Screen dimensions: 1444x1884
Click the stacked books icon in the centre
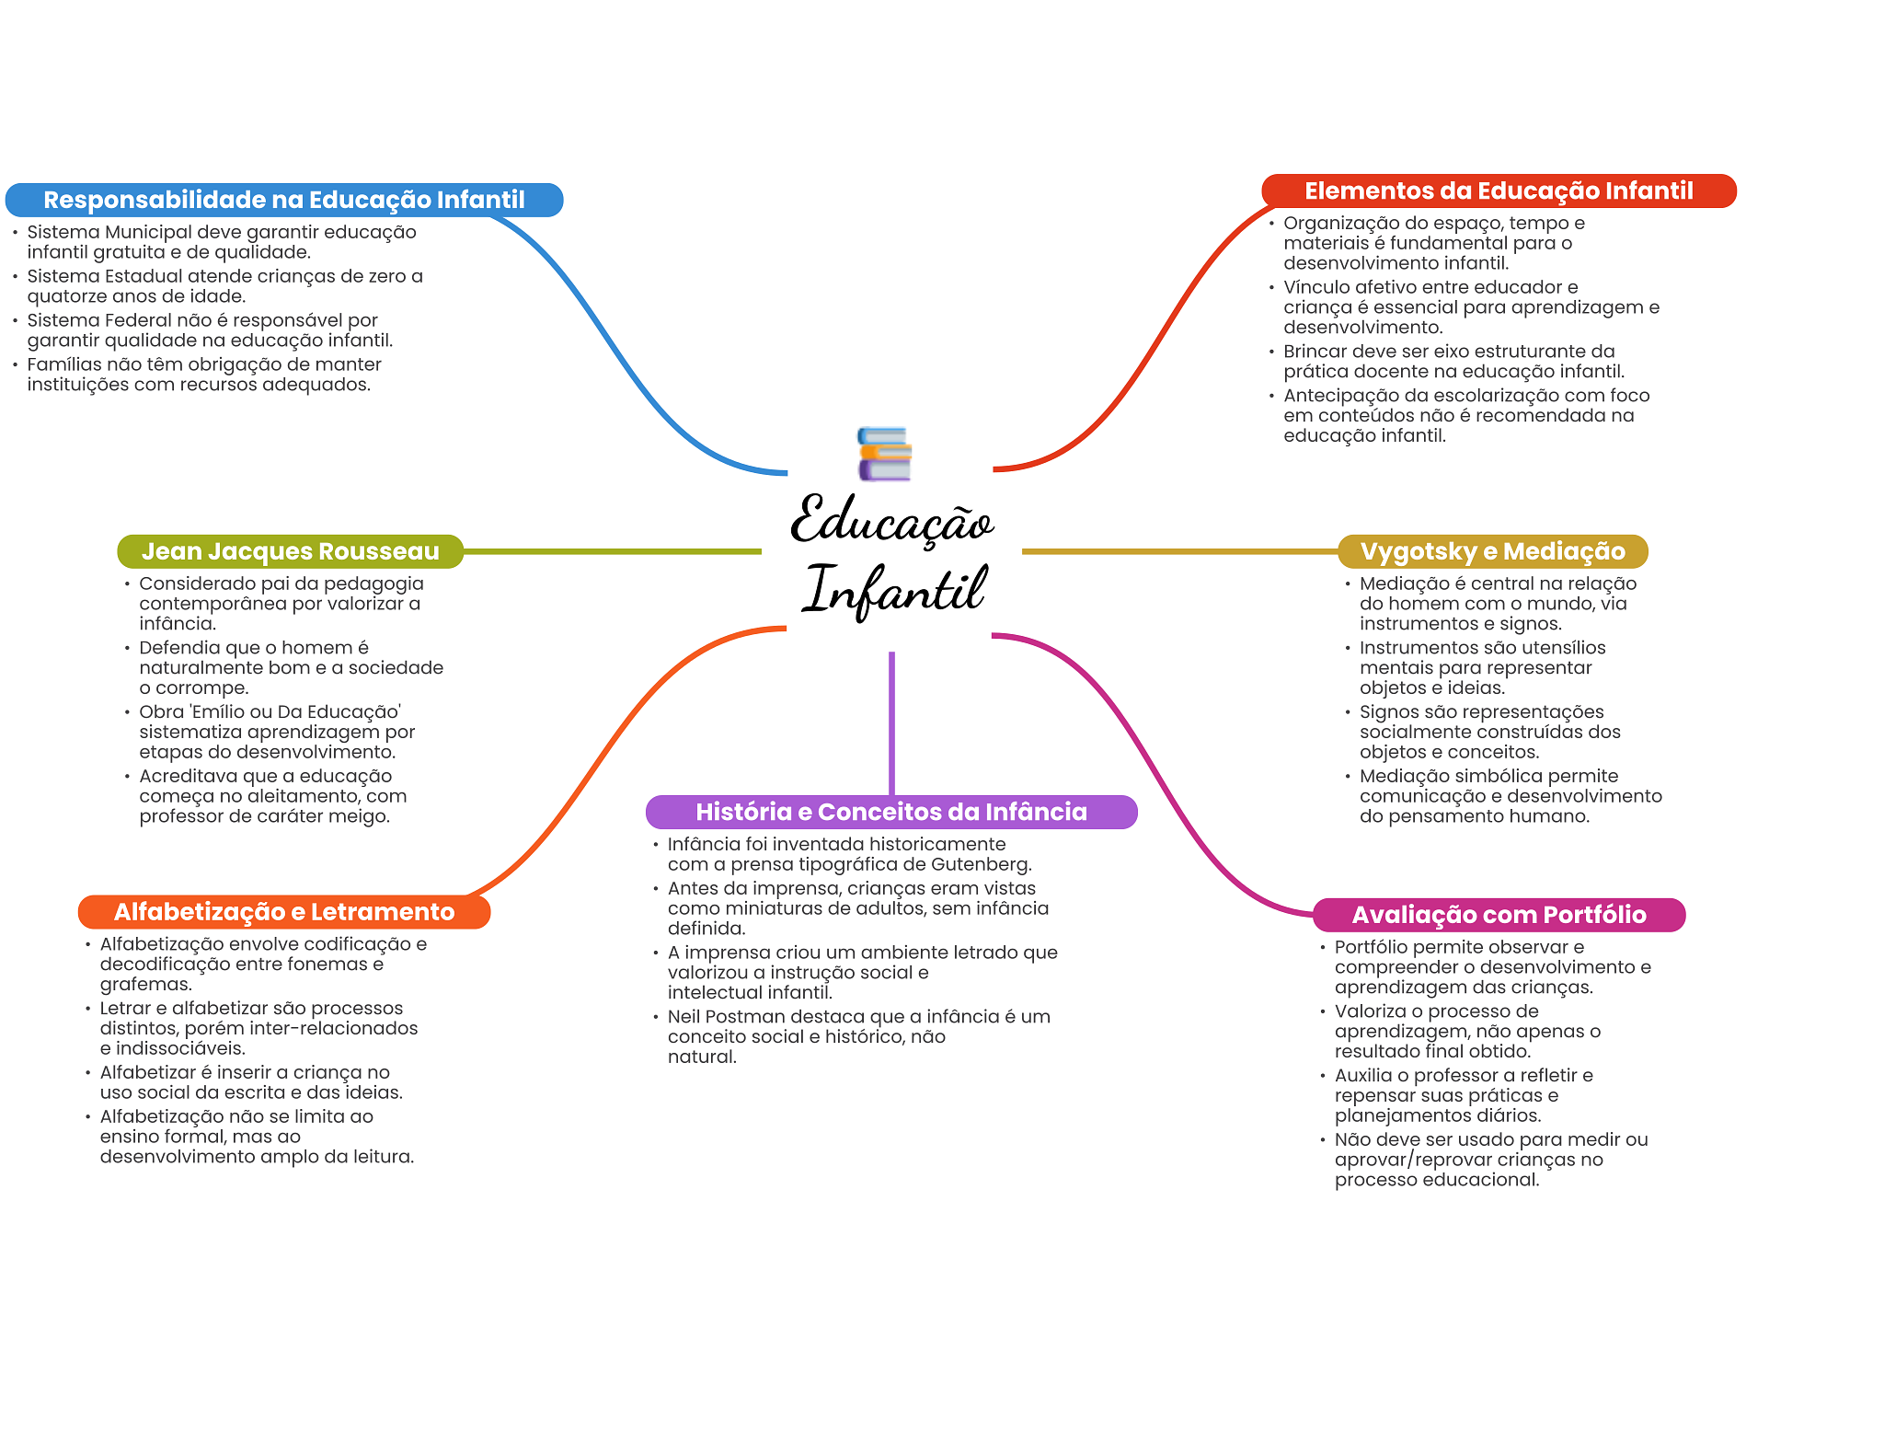[x=884, y=454]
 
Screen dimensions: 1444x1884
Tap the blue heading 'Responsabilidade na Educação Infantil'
[x=284, y=200]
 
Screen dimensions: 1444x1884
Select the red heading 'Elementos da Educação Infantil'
[x=1499, y=191]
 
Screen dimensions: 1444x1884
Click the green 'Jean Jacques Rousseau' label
[x=290, y=551]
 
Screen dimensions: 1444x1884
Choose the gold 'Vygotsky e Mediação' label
[x=1492, y=551]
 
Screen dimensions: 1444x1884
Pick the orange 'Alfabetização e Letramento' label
[x=284, y=912]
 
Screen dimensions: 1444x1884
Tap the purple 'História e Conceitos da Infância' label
[x=891, y=812]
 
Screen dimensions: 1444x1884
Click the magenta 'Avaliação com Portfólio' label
[x=1499, y=915]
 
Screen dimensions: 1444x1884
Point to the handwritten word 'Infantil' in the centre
[x=895, y=591]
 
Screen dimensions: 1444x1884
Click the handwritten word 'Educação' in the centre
[x=891, y=521]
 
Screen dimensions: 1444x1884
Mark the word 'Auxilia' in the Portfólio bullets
[x=1364, y=1076]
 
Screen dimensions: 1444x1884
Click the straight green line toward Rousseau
[x=612, y=551]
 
